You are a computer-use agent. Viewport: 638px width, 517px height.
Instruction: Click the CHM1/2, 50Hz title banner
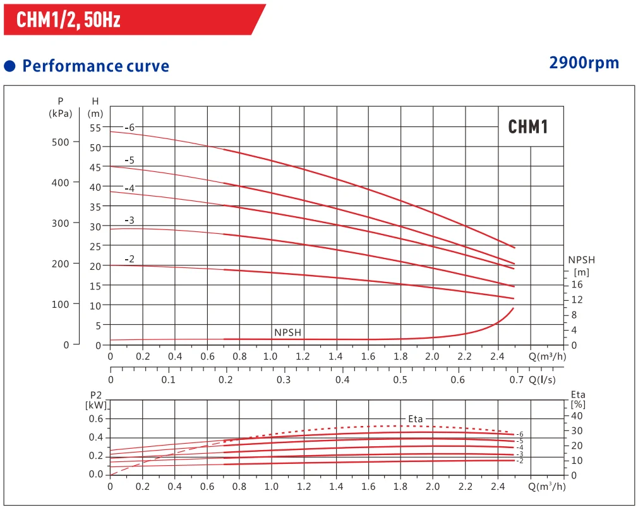68,20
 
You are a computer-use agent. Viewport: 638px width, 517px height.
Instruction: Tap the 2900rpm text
584,63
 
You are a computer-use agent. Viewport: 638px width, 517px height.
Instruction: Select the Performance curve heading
95,66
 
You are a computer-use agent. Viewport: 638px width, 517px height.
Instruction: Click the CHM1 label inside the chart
527,127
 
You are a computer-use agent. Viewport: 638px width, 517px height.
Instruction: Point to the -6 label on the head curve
129,128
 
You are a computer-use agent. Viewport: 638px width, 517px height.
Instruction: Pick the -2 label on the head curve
129,259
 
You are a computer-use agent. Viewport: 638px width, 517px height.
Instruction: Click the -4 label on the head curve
129,188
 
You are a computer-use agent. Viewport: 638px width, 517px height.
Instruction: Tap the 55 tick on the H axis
95,128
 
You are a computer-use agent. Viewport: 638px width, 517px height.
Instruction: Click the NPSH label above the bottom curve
287,332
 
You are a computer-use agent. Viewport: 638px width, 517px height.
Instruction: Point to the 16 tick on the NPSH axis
577,284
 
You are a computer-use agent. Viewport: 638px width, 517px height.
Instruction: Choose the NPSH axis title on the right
581,260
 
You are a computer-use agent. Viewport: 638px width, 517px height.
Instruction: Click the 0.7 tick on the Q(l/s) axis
517,380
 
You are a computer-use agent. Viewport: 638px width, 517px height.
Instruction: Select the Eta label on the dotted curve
415,419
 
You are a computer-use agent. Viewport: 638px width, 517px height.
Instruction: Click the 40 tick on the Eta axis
577,416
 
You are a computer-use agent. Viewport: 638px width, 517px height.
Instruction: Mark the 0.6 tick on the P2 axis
95,418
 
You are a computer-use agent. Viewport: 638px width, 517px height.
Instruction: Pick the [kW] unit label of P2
96,404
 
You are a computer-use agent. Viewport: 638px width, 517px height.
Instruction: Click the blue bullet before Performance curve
9,66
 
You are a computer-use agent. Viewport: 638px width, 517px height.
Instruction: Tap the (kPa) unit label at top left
61,114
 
